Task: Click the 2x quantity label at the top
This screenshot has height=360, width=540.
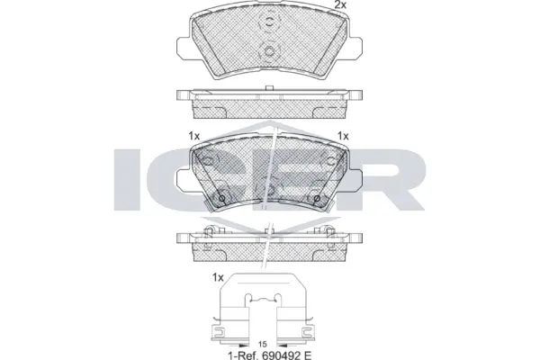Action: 340,4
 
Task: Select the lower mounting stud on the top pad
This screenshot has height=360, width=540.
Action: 269,52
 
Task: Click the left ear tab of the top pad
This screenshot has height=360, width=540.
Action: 184,47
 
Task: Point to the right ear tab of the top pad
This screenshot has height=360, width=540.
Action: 355,47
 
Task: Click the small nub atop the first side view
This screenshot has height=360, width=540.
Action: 269,88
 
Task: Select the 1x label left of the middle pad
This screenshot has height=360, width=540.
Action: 193,136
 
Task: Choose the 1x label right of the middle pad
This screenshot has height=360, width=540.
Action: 343,136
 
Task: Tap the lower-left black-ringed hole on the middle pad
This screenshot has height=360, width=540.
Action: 222,199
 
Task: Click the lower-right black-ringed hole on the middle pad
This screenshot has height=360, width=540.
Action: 317,199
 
